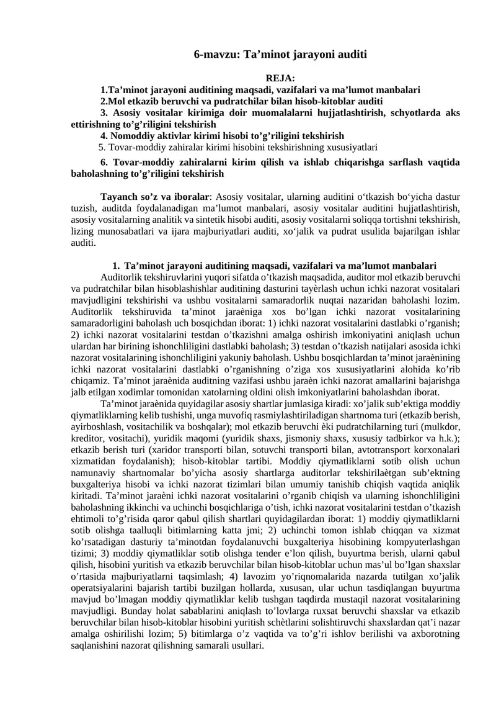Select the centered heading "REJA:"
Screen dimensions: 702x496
click(x=280, y=78)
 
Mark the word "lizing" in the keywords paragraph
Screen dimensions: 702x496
click(x=84, y=232)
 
